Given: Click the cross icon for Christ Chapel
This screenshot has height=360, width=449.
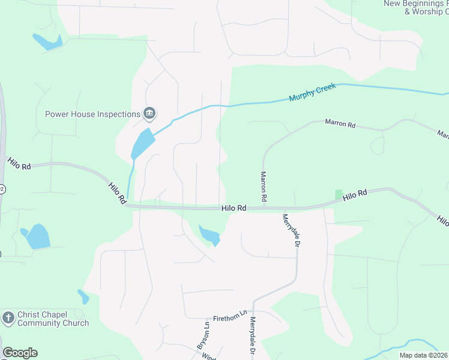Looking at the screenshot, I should [8, 318].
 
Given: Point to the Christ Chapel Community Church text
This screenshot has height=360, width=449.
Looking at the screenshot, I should [53, 319].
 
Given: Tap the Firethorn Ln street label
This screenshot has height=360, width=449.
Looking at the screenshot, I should [230, 315].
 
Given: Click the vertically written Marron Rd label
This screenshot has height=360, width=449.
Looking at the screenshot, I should [263, 185].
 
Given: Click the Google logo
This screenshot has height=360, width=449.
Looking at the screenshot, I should [20, 353].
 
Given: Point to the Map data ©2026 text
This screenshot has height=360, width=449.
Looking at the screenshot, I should [423, 355].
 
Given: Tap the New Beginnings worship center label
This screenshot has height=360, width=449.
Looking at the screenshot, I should [416, 8].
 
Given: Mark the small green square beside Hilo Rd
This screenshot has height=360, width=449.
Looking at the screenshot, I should [339, 195].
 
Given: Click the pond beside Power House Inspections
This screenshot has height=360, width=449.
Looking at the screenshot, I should [143, 143].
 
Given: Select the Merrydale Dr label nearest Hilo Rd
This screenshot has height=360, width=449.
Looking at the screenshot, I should [291, 230].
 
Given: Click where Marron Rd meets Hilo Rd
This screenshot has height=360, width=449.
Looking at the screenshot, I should [263, 208].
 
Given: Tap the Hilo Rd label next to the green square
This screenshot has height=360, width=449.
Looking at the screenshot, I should [355, 195].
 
